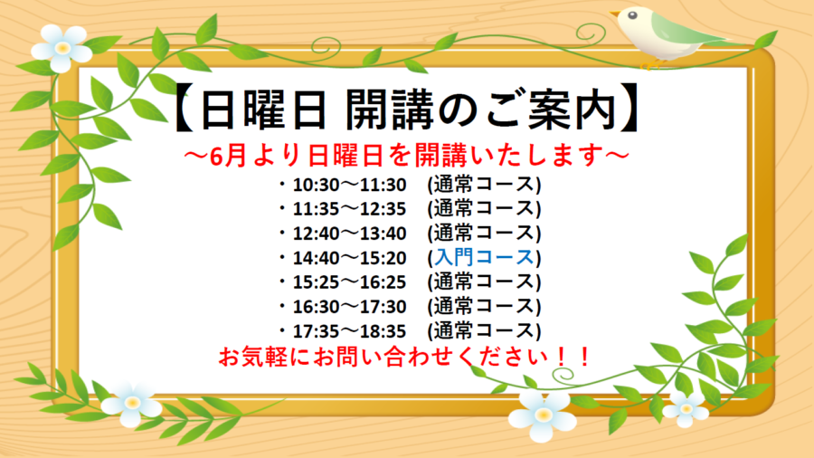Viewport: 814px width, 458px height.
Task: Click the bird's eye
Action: [x=632, y=15]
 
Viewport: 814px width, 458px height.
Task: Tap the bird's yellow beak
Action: [x=615, y=13]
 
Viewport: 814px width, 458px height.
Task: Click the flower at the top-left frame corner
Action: [x=62, y=48]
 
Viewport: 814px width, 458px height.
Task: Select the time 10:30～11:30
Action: [x=349, y=185]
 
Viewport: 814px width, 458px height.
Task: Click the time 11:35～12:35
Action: [x=349, y=209]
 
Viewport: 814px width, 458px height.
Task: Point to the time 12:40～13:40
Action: [x=349, y=234]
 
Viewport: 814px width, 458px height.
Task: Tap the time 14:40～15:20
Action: [x=349, y=258]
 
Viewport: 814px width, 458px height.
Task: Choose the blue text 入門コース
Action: [x=484, y=258]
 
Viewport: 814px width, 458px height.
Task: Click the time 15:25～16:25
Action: [x=349, y=282]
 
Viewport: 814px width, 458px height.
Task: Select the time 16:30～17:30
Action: [x=349, y=306]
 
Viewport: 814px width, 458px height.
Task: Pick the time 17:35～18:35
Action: [x=349, y=330]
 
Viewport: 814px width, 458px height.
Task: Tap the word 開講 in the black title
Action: [x=389, y=110]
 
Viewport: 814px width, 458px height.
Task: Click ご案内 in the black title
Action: [x=552, y=110]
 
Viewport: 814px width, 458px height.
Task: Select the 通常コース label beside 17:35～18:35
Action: [x=484, y=330]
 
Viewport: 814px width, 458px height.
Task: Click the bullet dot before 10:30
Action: [x=282, y=184]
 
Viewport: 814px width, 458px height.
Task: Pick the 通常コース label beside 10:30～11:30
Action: [x=484, y=185]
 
